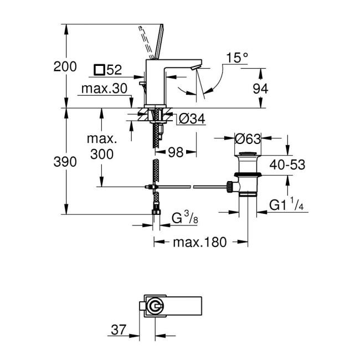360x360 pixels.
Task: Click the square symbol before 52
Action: pyautogui.click(x=99, y=70)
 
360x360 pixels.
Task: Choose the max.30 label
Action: pyautogui.click(x=104, y=89)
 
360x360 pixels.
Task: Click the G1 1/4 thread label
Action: pyautogui.click(x=287, y=205)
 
